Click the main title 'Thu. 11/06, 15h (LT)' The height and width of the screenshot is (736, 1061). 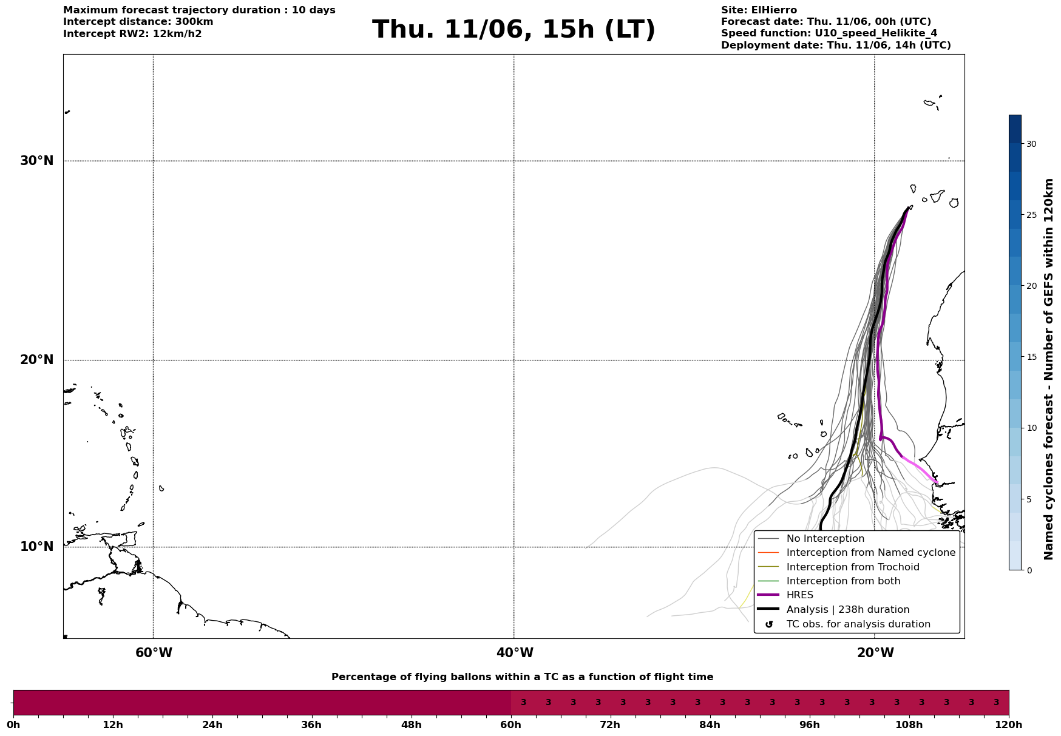tap(514, 30)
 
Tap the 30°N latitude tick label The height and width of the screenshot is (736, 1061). tap(37, 161)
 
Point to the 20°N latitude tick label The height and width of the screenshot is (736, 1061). tap(37, 360)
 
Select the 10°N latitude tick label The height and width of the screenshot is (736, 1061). tap(37, 547)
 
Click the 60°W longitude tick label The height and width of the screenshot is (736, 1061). tap(154, 653)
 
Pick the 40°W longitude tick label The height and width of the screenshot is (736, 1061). tap(515, 653)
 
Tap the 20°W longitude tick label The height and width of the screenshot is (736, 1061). tap(875, 653)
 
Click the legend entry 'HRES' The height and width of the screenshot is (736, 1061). tap(799, 595)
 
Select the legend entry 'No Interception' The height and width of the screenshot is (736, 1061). tap(825, 539)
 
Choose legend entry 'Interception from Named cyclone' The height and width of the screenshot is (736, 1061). tap(871, 553)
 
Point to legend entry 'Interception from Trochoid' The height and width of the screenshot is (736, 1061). tap(853, 567)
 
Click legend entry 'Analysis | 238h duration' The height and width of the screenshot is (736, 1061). tap(848, 610)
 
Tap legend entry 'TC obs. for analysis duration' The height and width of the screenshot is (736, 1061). tap(858, 624)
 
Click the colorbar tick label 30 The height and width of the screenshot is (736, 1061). tap(1031, 144)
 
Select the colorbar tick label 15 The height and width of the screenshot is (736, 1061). tap(1031, 357)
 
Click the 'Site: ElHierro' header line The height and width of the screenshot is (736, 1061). tap(759, 10)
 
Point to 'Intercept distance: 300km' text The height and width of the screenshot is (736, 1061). tap(138, 22)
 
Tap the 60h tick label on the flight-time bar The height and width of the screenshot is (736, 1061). tap(510, 724)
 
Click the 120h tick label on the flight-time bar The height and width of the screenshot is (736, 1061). tap(1009, 724)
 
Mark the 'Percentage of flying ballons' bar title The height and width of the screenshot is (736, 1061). tap(522, 677)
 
